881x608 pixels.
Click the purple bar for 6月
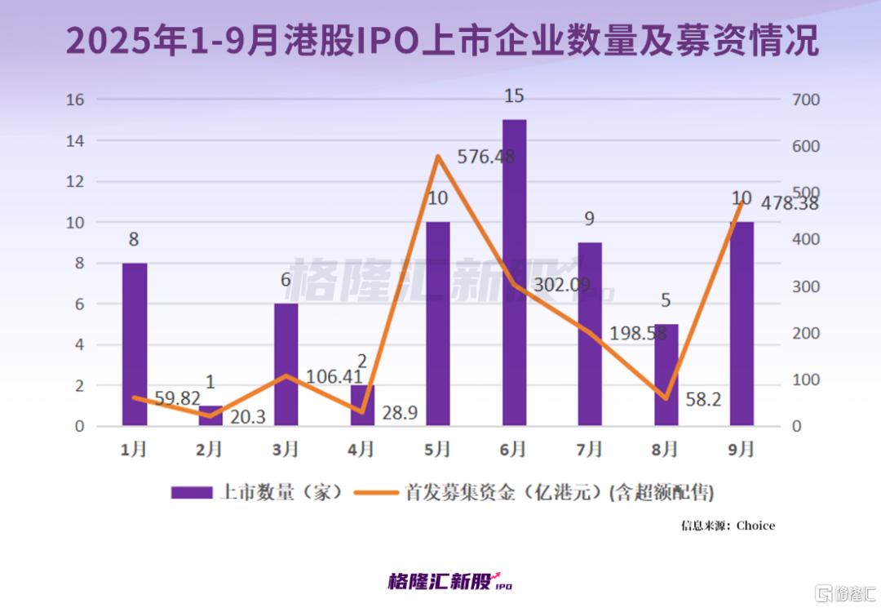tap(514, 273)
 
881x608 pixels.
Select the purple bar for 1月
tap(135, 344)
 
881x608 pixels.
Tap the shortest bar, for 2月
tap(210, 415)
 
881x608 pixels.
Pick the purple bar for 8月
tap(666, 375)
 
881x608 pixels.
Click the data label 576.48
tap(486, 156)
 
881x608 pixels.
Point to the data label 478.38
tap(789, 203)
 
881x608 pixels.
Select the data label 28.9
tap(400, 414)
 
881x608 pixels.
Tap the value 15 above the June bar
tap(514, 96)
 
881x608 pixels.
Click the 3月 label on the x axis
tap(286, 450)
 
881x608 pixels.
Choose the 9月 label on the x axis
tap(741, 450)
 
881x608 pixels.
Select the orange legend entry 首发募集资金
tap(538, 493)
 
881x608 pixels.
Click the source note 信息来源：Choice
tap(728, 526)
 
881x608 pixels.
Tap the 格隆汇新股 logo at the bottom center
tap(449, 582)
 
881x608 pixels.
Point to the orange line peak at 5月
tap(438, 155)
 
